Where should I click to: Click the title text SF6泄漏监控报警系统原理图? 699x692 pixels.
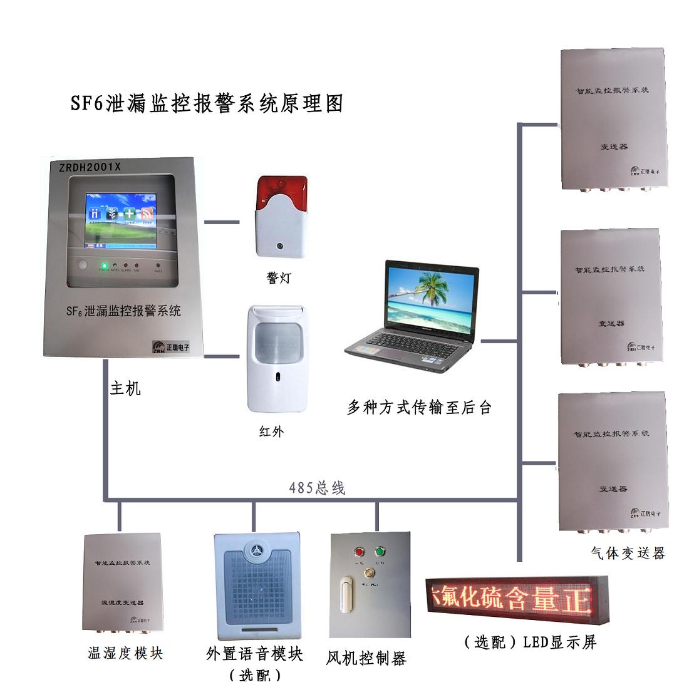tap(207, 103)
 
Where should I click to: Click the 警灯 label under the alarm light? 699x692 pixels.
tap(279, 277)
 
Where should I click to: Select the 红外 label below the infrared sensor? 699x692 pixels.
tap(271, 431)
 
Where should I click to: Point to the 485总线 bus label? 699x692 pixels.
tap(317, 488)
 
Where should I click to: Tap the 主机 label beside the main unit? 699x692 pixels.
tap(125, 388)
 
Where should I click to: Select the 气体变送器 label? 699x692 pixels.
tap(628, 552)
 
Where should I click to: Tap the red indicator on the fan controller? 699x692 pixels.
tap(360, 552)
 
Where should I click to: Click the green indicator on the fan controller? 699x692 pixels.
tap(379, 552)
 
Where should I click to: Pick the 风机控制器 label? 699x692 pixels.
tap(366, 658)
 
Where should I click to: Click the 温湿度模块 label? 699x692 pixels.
tap(125, 653)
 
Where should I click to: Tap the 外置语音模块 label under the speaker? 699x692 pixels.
tap(254, 654)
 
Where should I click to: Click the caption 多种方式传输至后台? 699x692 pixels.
tap(419, 407)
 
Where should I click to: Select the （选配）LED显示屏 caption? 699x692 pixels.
tap(530, 641)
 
